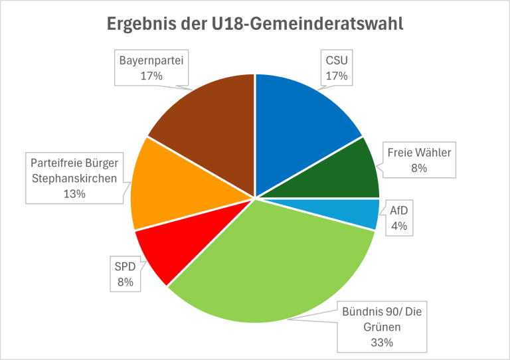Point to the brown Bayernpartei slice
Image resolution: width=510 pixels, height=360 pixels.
click(x=212, y=126)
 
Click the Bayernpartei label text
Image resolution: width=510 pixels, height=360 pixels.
click(x=151, y=60)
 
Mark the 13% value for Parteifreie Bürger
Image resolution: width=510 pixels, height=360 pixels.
click(x=75, y=193)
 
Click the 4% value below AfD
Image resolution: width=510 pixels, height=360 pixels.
click(x=398, y=226)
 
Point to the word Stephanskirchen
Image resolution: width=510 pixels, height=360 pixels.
click(x=75, y=177)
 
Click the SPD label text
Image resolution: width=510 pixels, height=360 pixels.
click(x=126, y=266)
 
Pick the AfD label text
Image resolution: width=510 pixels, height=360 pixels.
click(x=398, y=211)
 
